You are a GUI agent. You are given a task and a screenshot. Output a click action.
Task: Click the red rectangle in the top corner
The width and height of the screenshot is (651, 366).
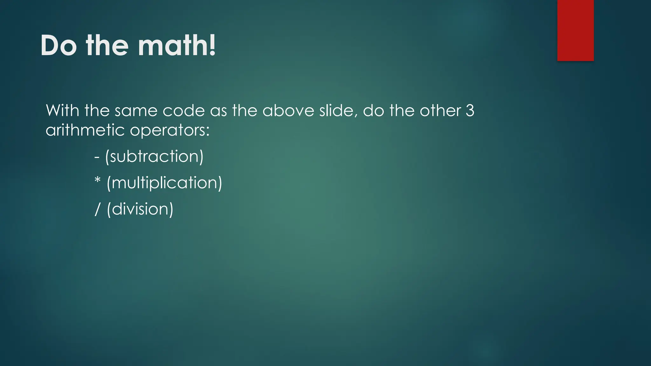[x=575, y=30]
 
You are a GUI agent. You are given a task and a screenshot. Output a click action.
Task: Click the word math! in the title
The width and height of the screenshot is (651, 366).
[x=177, y=46]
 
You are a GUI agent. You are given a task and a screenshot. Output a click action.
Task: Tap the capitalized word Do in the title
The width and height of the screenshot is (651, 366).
[x=59, y=46]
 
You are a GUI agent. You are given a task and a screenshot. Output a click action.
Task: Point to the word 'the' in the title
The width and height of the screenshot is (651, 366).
[x=107, y=46]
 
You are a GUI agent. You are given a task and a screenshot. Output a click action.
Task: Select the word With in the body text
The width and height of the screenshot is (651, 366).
[x=62, y=111]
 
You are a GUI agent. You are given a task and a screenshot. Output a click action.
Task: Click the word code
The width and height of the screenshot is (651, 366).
[x=184, y=111]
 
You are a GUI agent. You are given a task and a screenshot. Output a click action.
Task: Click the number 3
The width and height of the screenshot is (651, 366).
[x=470, y=111]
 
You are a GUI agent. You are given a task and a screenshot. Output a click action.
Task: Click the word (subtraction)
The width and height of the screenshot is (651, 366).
[x=154, y=156]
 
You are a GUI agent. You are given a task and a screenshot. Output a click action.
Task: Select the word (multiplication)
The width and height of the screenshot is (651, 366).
[x=164, y=183]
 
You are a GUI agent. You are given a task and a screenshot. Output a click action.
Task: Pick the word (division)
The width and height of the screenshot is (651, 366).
[x=140, y=209]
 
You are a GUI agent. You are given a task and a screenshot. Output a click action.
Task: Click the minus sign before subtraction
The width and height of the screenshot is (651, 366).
[x=97, y=157]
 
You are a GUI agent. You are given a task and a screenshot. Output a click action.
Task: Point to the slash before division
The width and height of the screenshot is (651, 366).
[x=98, y=209]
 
